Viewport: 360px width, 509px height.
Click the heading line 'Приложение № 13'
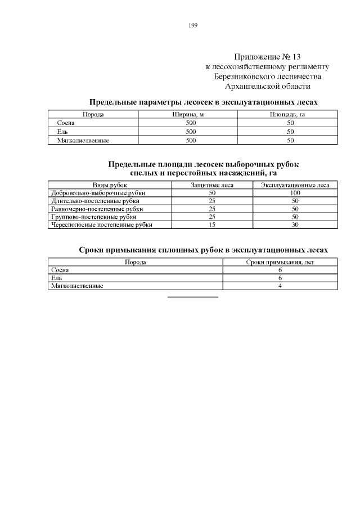click(x=267, y=57)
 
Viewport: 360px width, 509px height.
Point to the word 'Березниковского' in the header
click(x=244, y=76)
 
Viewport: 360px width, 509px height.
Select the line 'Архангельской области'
click(x=267, y=86)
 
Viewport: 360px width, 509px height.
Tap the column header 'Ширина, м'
click(x=187, y=114)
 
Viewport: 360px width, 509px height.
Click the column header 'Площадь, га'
click(x=287, y=114)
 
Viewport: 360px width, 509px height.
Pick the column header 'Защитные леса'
click(x=212, y=184)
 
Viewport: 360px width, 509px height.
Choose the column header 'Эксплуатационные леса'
click(x=295, y=184)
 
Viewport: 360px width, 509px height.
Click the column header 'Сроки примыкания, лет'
click(x=280, y=262)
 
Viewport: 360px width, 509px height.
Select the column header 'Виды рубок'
click(x=110, y=184)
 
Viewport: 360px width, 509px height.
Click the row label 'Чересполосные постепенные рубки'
click(x=101, y=224)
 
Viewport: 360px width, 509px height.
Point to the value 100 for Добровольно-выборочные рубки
click(x=295, y=192)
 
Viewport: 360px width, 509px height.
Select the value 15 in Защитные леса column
click(x=212, y=224)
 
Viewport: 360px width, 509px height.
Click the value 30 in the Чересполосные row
click(x=295, y=224)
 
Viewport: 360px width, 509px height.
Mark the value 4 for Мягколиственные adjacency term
click(x=280, y=286)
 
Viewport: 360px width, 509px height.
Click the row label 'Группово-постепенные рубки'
click(x=93, y=217)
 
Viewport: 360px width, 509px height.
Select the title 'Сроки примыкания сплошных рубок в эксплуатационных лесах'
click(x=203, y=249)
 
